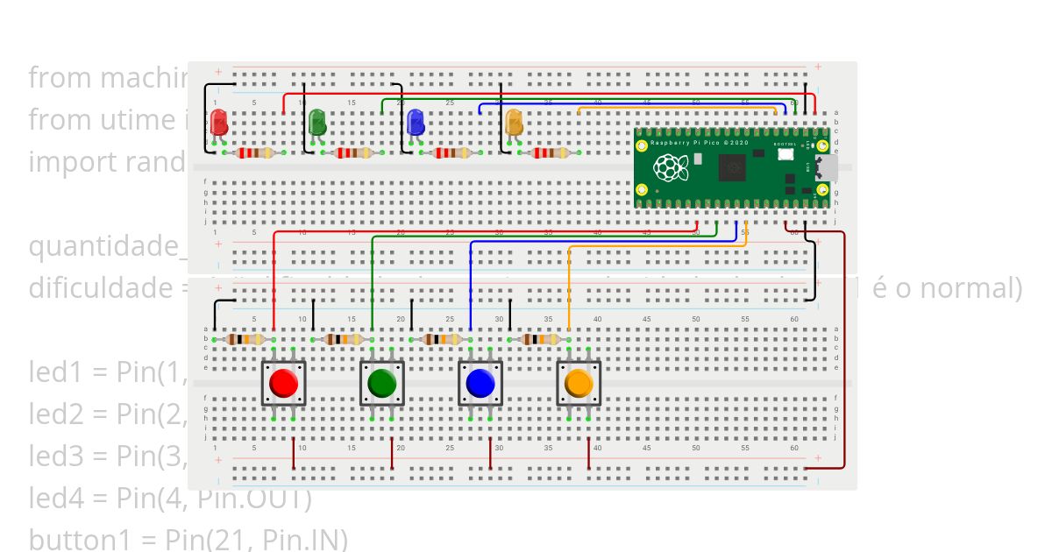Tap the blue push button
pos(480,383)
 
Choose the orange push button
pos(579,383)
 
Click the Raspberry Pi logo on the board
pos(671,166)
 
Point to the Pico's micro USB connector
pos(826,166)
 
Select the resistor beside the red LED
pos(255,153)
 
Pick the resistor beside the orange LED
pos(551,153)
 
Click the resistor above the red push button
pos(245,339)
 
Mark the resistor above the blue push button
pos(441,339)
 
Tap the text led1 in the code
pos(56,372)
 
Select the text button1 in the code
pos(73,537)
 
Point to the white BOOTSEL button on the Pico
pos(785,153)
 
